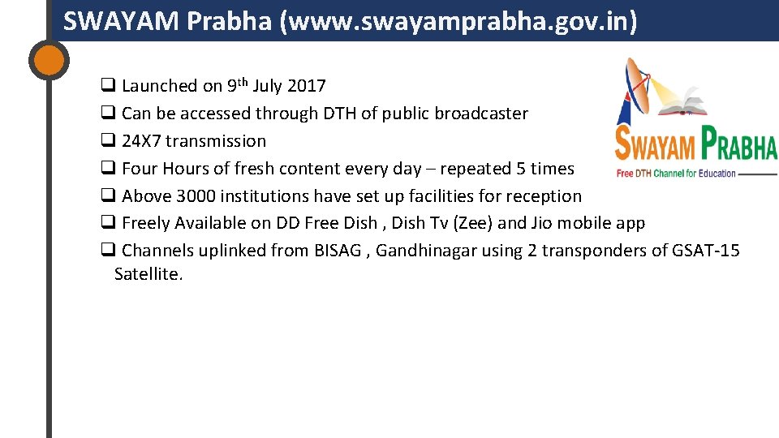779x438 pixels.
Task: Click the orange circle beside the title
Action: coord(49,59)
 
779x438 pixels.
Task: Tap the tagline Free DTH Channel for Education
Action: coord(675,173)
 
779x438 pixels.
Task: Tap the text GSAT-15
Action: coord(706,251)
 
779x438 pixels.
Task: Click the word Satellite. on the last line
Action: coord(149,274)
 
